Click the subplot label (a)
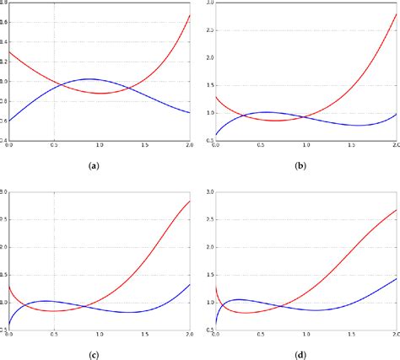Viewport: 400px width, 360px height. tap(95, 167)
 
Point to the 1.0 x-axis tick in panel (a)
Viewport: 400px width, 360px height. tap(100, 145)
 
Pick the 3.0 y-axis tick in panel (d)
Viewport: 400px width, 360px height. tap(209, 193)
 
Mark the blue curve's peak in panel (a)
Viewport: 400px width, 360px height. tap(90, 78)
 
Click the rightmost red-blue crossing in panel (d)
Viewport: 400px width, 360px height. tap(284, 306)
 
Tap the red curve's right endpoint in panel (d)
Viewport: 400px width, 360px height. tap(397, 210)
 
